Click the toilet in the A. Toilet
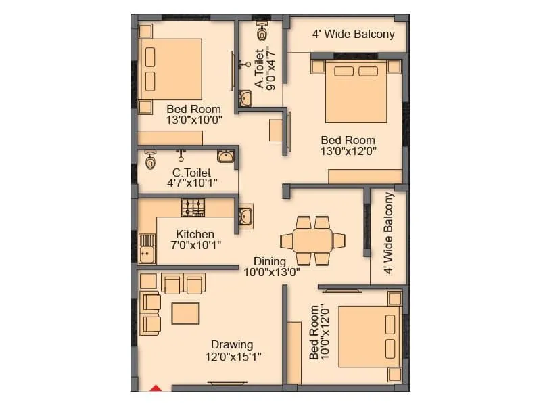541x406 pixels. (x=262, y=32)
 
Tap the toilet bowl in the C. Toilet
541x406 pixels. (x=150, y=161)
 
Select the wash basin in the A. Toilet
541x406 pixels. (x=245, y=99)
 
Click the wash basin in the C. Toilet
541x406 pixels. (x=229, y=158)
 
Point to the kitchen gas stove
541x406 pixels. (x=193, y=207)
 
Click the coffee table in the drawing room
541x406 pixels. (x=185, y=313)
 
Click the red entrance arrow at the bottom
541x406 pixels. (x=156, y=388)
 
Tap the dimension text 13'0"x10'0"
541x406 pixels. (x=193, y=120)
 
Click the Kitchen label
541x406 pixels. (x=195, y=234)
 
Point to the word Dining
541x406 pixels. (x=270, y=261)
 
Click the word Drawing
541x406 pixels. (x=231, y=344)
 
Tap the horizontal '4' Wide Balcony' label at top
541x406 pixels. (x=353, y=34)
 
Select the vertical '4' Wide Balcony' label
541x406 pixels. (x=388, y=233)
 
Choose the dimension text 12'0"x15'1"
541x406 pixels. (x=233, y=357)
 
